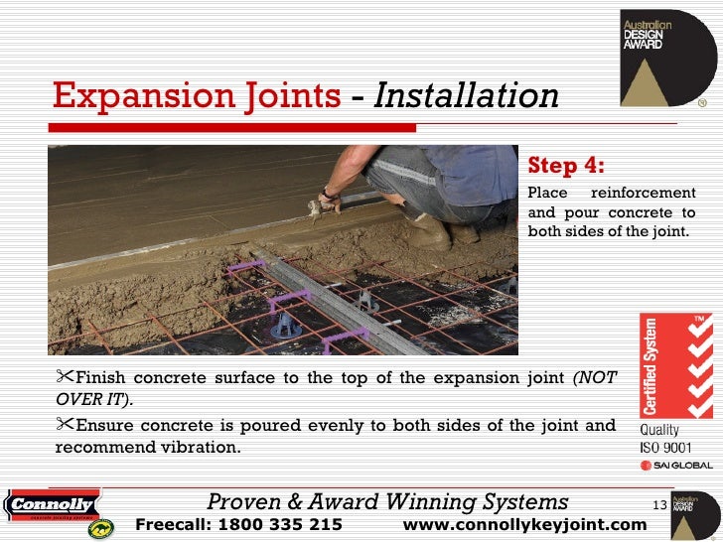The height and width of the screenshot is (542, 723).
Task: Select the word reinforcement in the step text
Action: click(650, 191)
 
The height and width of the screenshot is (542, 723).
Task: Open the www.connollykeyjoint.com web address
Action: click(525, 524)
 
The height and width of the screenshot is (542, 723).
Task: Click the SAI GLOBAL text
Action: click(675, 465)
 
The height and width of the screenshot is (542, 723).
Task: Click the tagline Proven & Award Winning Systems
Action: click(387, 502)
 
